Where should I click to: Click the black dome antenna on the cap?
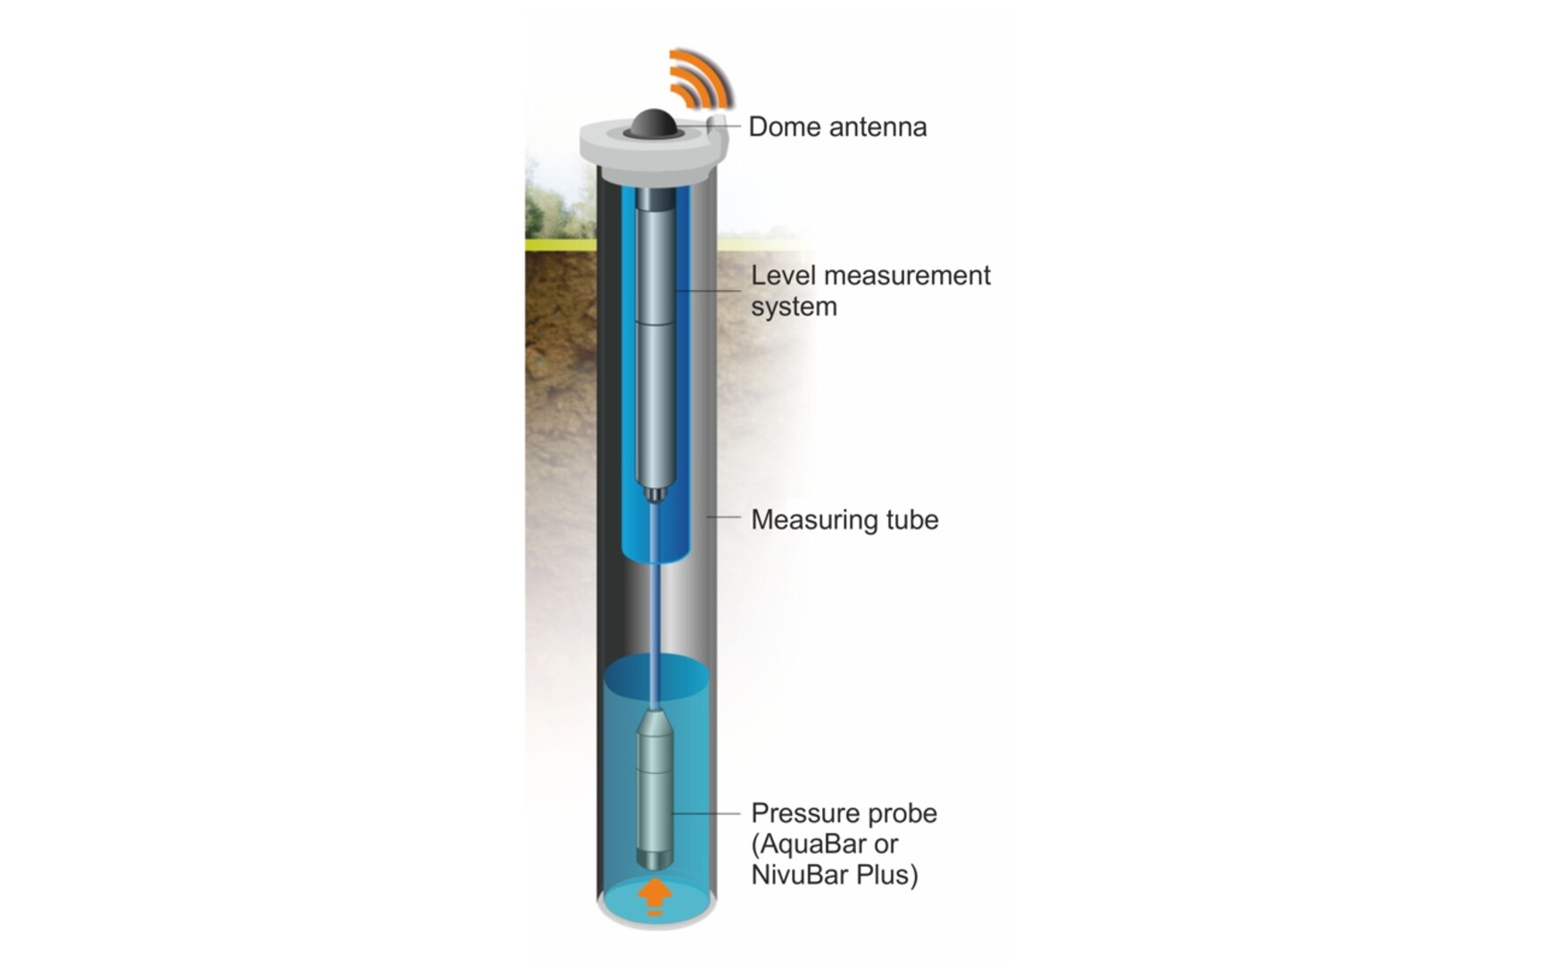tap(655, 124)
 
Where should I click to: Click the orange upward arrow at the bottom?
tap(655, 894)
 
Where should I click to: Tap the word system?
tap(794, 309)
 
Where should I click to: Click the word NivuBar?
tap(800, 875)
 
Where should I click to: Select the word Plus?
tap(887, 875)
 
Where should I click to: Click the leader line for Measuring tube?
tap(724, 516)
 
